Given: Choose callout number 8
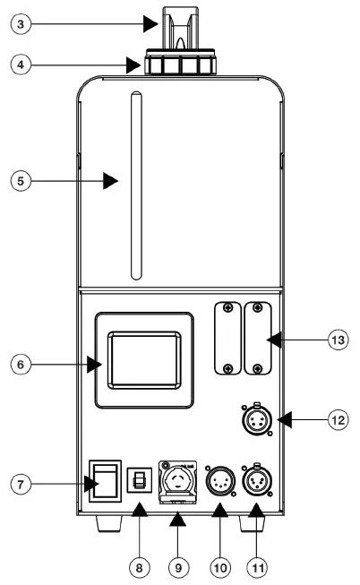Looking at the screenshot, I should [x=137, y=566].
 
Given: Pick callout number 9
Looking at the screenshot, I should [x=176, y=566].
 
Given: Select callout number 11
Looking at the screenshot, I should [x=256, y=566].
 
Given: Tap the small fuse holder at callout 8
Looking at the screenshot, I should [x=139, y=481].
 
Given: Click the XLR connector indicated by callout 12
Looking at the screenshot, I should [x=257, y=418].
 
